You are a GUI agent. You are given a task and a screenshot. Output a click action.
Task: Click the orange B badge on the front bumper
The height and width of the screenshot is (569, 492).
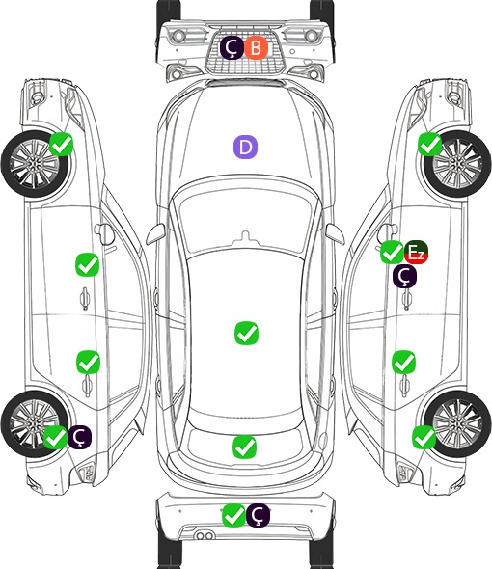point(256,48)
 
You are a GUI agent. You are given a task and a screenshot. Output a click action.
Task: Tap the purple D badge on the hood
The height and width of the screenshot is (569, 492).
point(245,147)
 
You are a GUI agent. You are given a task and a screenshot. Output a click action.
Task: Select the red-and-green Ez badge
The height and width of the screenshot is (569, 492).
point(416,253)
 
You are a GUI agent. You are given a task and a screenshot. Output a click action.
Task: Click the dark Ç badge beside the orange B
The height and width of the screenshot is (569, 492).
point(232,48)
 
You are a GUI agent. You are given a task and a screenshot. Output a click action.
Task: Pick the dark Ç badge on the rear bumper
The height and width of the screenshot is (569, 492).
point(258,515)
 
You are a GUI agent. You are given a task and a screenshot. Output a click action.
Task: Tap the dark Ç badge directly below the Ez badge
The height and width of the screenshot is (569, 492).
point(405,277)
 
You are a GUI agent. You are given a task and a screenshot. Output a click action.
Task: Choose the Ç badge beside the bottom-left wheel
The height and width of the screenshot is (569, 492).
point(79,437)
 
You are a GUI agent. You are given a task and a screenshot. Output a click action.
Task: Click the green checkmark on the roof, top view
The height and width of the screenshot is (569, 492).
point(247,333)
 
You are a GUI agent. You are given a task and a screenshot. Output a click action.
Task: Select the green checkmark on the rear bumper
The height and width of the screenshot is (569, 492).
point(233,515)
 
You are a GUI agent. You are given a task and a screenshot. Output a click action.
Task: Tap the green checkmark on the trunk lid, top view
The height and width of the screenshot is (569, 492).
point(244,447)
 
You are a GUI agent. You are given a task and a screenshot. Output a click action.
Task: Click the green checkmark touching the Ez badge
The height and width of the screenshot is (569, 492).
point(392,253)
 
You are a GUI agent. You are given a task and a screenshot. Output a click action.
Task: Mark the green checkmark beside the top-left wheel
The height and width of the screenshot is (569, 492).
point(62,145)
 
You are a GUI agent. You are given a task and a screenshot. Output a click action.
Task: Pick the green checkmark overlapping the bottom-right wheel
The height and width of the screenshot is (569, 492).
point(424,437)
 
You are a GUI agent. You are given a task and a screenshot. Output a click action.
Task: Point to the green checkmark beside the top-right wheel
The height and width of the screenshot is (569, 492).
point(430,145)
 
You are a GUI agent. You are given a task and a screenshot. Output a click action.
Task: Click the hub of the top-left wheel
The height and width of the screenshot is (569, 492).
point(34,164)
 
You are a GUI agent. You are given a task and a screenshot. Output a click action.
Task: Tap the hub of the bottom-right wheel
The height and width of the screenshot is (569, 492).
point(456,423)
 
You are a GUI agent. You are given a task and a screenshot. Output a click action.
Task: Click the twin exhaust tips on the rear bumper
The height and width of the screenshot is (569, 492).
point(205,536)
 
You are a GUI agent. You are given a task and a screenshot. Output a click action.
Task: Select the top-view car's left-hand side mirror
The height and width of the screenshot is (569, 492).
point(155,234)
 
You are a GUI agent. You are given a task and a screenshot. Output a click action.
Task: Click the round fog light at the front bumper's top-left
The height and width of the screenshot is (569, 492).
point(178,36)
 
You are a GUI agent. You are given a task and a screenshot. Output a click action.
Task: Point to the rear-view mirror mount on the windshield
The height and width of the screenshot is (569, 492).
point(246,237)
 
